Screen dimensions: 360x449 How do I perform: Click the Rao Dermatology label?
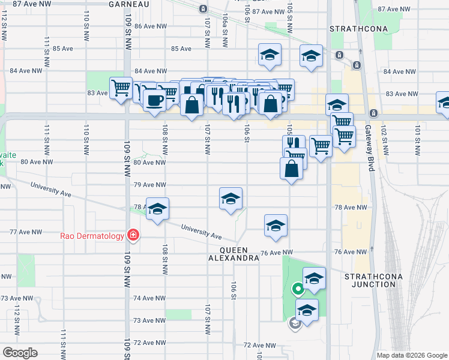tap(92, 235)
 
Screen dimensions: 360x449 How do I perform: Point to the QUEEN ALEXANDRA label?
tap(233, 253)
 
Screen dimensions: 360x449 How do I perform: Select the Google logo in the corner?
tap(20, 353)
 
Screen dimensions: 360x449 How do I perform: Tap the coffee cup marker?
tap(154, 100)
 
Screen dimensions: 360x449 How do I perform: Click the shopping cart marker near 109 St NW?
tap(121, 88)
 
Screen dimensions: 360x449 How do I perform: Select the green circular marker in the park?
tap(297, 290)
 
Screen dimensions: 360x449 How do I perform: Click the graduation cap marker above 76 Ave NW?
tap(276, 226)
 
